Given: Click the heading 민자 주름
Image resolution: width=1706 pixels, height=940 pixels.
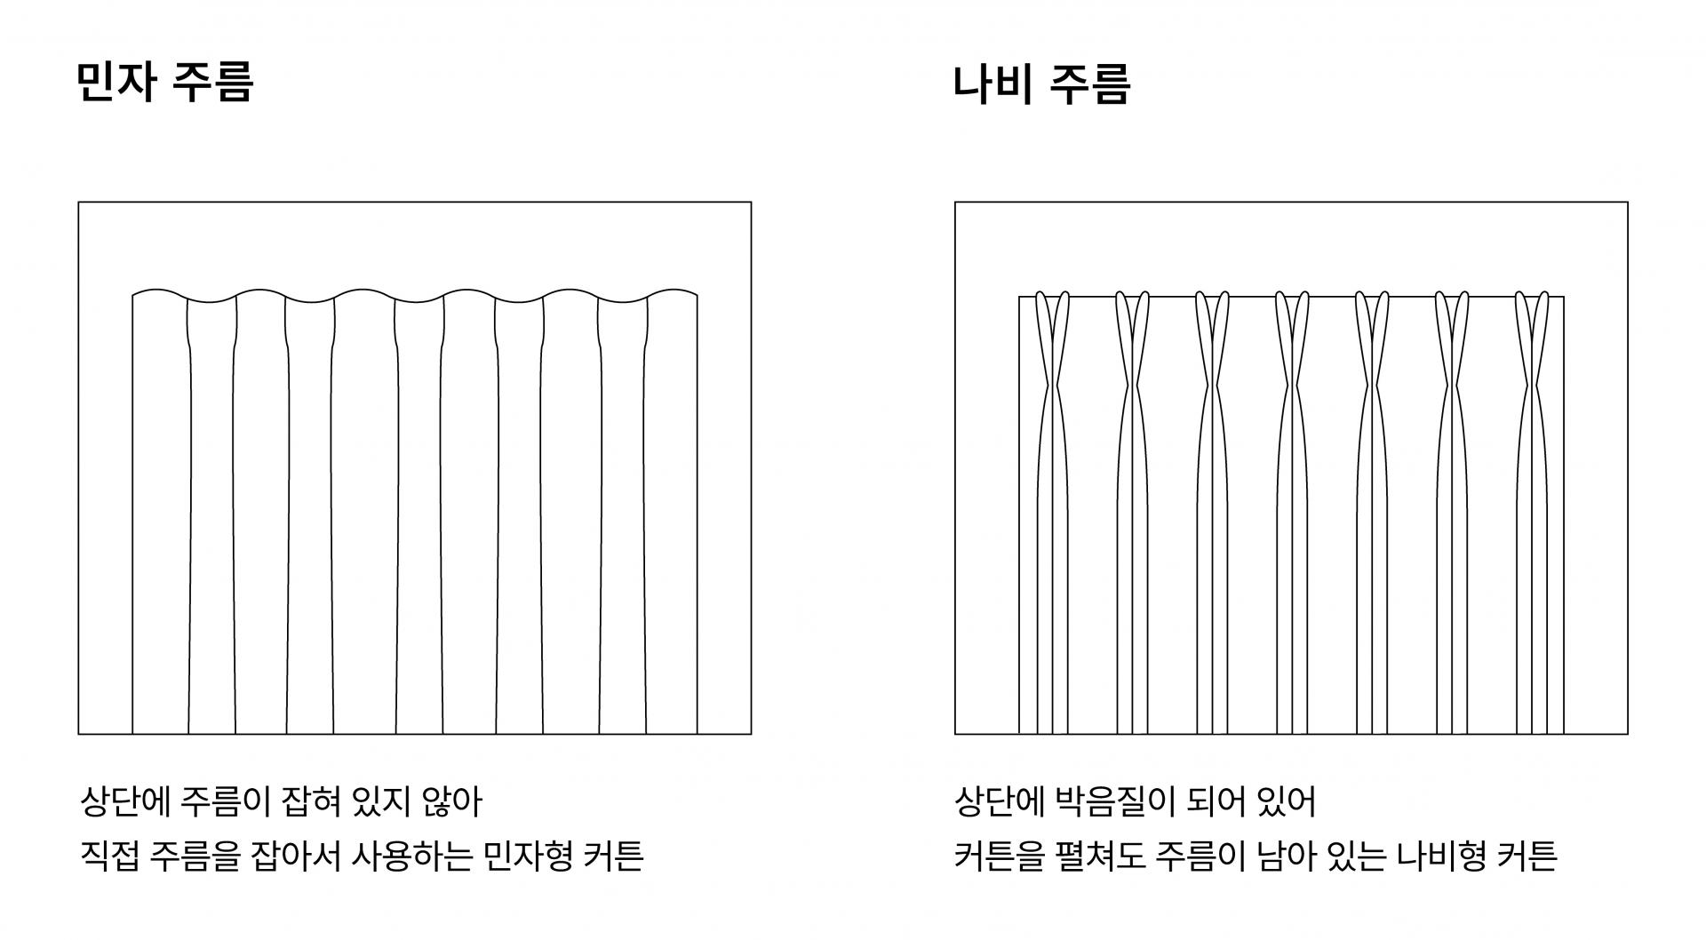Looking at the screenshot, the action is click(165, 82).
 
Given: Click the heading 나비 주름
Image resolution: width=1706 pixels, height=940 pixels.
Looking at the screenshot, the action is click(1041, 85).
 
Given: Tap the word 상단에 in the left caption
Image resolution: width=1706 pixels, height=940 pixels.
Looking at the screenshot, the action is click(124, 802).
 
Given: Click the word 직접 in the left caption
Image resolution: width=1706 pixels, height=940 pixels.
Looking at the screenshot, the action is click(109, 856).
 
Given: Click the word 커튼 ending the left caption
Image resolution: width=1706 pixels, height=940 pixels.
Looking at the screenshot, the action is click(614, 856).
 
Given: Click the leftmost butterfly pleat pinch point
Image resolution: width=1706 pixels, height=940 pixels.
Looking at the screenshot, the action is click(1052, 386).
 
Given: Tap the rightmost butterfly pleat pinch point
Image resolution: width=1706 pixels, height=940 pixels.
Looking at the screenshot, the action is click(1532, 386).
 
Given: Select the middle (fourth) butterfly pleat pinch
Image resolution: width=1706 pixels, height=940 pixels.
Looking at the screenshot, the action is click(1292, 386).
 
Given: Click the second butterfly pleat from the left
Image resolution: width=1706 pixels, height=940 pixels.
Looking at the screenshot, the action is click(1132, 386).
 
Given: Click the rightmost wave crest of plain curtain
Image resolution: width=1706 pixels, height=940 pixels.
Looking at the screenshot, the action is click(672, 291).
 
